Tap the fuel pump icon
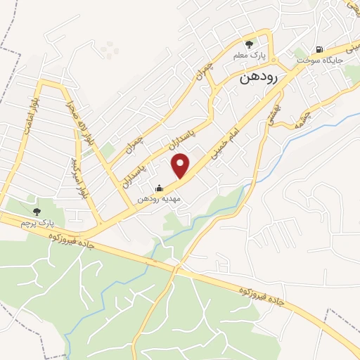pos(320,49)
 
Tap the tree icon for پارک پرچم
pos(37,211)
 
